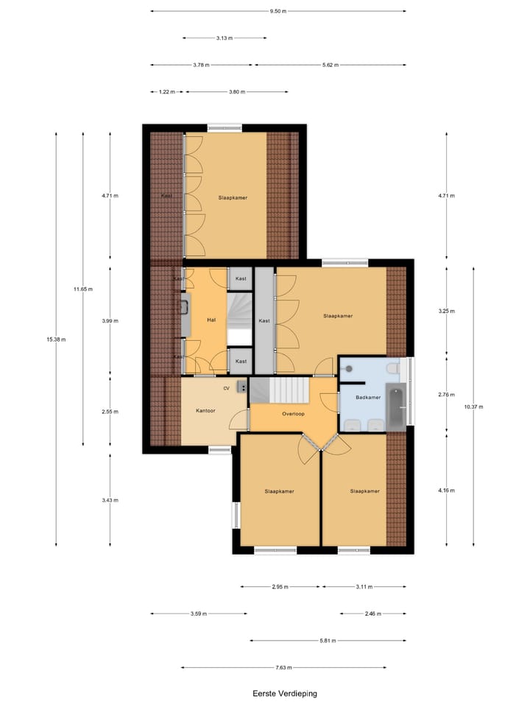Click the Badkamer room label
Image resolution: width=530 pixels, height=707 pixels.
coord(368,397)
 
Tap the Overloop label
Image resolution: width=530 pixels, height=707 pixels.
coord(294,413)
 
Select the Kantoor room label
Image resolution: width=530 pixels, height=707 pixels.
coord(205,410)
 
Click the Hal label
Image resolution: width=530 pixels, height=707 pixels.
coord(211,320)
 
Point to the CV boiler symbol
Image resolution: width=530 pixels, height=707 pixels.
coord(242,387)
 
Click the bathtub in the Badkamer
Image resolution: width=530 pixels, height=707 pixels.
coord(396,407)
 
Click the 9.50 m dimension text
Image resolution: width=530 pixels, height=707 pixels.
coord(278,11)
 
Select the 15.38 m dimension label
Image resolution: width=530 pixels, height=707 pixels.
coord(56,340)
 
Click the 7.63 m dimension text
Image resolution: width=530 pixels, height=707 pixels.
coord(283,668)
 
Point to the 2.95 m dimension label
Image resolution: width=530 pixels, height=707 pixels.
coord(280,587)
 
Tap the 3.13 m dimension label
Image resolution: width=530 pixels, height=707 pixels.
coord(225,38)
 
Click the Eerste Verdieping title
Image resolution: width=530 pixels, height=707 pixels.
coord(285,693)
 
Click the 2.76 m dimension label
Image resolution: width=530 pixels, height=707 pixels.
coord(447,395)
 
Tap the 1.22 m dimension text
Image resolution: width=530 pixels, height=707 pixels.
coord(167,92)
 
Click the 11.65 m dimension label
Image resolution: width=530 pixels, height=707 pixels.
coord(83,289)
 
